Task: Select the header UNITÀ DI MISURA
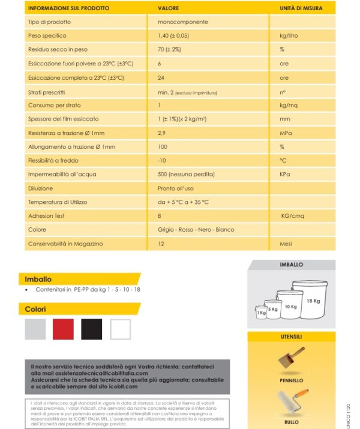(x=301, y=8)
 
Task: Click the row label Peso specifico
(x=47, y=35)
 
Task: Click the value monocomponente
(x=179, y=22)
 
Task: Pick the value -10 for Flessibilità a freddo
(x=161, y=160)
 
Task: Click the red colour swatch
(x=64, y=329)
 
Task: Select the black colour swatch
(x=92, y=329)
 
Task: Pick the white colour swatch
(x=120, y=329)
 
